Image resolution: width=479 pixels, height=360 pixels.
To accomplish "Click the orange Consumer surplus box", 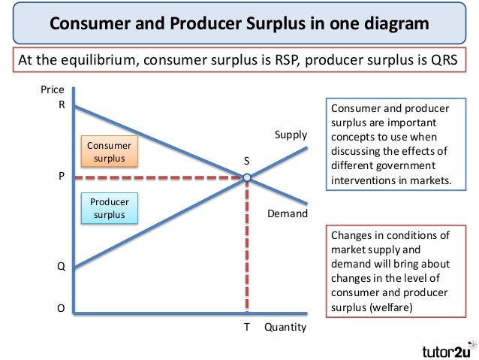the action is [x=109, y=152].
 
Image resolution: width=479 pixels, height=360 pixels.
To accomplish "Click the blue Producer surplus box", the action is [x=109, y=208].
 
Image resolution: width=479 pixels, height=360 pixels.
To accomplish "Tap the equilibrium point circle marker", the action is [x=246, y=178].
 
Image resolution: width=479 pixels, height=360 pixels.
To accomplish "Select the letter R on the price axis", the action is [x=62, y=105].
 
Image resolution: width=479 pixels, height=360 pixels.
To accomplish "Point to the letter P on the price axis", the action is [x=62, y=177].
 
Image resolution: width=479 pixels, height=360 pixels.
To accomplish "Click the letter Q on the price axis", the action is [x=62, y=265].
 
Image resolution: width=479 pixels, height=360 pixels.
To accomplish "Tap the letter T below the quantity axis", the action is [x=246, y=328].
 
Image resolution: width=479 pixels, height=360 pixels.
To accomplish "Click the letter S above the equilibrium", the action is [x=246, y=162].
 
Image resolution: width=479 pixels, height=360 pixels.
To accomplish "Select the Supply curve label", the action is [x=291, y=135].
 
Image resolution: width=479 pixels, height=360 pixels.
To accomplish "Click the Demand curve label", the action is [x=288, y=214].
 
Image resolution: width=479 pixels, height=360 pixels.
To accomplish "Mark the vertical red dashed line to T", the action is [x=246, y=248].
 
